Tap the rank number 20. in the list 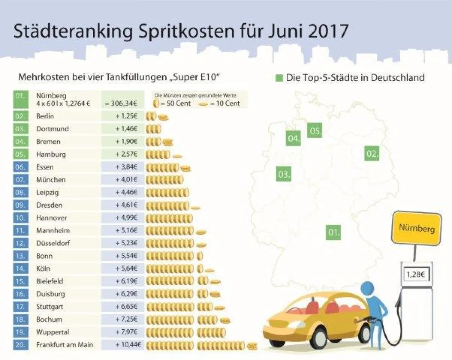20,344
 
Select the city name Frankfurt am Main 64,344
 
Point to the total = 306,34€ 121,103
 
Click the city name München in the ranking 51,180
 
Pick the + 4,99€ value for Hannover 126,218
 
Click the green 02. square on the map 372,154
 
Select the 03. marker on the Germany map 283,175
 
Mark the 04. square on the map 294,139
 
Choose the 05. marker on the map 315,131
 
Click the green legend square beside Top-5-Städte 279,78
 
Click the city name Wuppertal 52,332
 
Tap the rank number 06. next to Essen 20,167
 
